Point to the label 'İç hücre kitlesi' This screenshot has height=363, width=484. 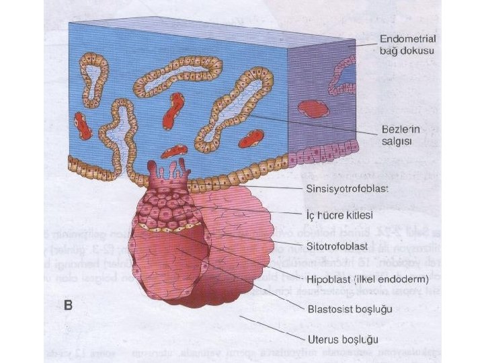(335, 215)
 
